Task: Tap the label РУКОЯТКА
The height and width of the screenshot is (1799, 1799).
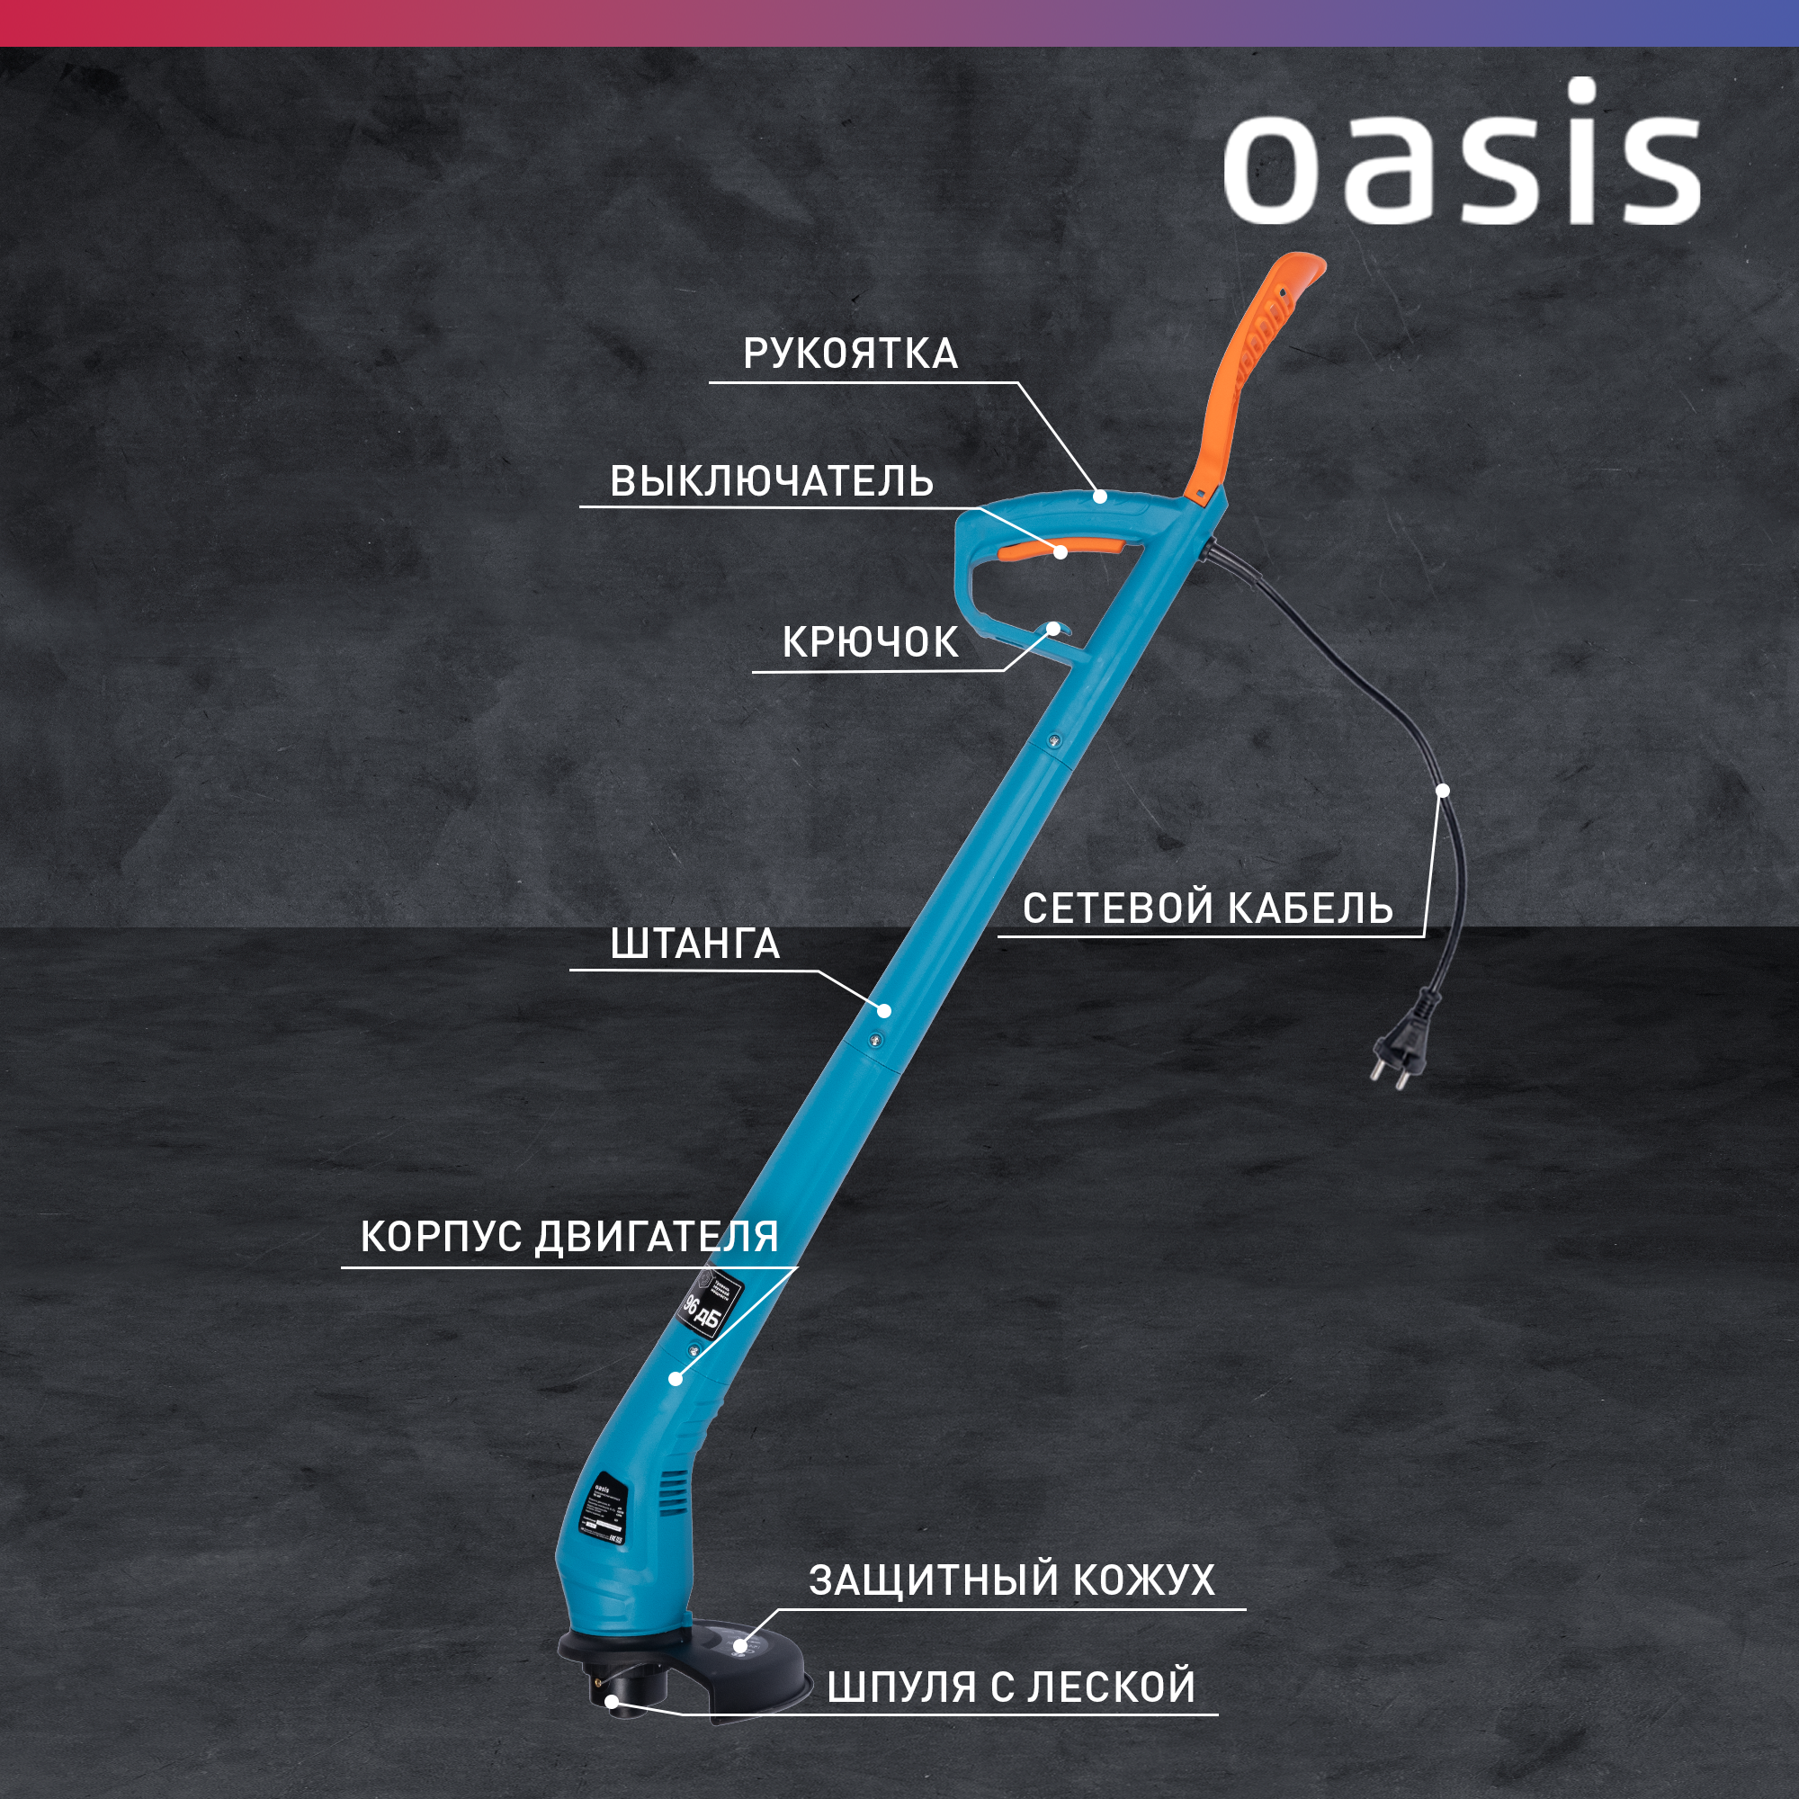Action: pyautogui.click(x=850, y=354)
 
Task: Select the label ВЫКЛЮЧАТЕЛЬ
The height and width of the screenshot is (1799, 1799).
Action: pyautogui.click(x=771, y=481)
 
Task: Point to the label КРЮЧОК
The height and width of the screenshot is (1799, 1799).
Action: pyautogui.click(x=870, y=642)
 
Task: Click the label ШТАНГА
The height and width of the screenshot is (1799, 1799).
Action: pyautogui.click(x=694, y=944)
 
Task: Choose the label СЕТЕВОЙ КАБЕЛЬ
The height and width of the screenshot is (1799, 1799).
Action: pyautogui.click(x=1208, y=908)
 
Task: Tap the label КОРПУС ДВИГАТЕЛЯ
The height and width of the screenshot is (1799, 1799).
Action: pyautogui.click(x=569, y=1237)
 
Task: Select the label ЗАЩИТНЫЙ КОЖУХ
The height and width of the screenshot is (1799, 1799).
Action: pyautogui.click(x=1011, y=1580)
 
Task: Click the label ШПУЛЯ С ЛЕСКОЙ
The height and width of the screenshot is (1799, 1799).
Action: pyautogui.click(x=1010, y=1687)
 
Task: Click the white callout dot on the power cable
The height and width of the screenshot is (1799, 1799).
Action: pyautogui.click(x=1443, y=791)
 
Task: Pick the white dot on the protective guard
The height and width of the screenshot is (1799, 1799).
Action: pyautogui.click(x=739, y=1644)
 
